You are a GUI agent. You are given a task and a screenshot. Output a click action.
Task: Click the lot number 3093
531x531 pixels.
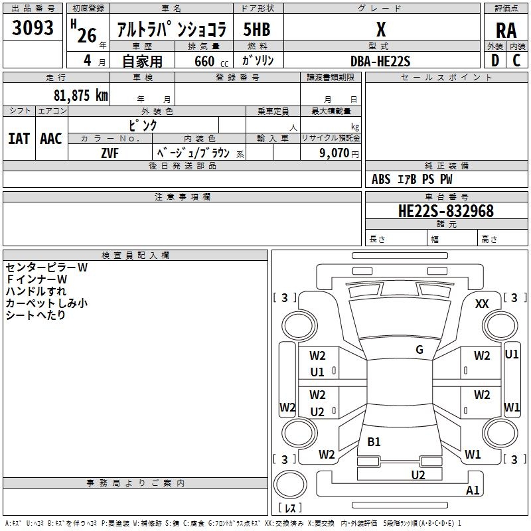(33, 29)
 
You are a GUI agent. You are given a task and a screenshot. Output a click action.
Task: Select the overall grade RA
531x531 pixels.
(506, 30)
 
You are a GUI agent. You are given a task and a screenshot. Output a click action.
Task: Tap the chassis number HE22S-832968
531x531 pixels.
(445, 211)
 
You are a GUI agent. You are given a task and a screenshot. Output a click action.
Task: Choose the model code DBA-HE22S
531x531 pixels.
(380, 61)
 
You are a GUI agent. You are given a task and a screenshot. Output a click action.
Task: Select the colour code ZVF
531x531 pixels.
(110, 153)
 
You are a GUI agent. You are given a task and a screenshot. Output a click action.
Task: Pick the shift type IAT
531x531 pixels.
(19, 139)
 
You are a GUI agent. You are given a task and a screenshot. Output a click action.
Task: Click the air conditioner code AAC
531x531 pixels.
(51, 139)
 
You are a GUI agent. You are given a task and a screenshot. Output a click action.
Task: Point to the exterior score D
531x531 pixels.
(494, 60)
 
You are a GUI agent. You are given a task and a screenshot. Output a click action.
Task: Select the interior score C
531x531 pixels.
(516, 60)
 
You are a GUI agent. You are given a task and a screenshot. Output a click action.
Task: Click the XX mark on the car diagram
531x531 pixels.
(482, 303)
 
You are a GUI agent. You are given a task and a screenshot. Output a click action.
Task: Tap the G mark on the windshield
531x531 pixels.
(419, 350)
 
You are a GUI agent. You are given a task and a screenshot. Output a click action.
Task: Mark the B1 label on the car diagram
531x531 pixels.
(374, 441)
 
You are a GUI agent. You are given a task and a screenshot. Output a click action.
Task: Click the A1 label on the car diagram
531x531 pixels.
(473, 491)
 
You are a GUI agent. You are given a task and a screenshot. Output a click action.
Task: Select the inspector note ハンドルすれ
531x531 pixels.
(36, 291)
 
